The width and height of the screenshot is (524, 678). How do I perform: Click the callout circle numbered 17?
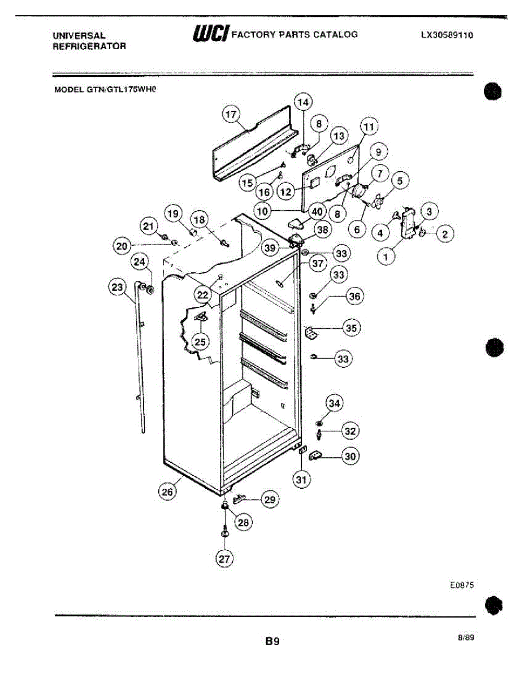pos(230,115)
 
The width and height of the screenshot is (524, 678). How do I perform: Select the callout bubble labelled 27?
pos(224,559)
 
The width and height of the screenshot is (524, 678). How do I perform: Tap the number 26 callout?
pos(167,492)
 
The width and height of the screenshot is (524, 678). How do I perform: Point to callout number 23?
pos(117,288)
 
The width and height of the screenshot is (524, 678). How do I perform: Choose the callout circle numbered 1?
pos(387,258)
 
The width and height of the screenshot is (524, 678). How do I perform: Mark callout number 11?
pos(369,127)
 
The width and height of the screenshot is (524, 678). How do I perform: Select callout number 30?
pos(350,457)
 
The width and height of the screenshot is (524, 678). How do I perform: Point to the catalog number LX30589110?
pos(447,34)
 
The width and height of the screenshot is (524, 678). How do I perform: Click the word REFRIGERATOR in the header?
pos(89,46)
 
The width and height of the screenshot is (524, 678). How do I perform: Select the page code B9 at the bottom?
pos(272,641)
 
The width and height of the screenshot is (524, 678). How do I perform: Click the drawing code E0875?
pos(461,586)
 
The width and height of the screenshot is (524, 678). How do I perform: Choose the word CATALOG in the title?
pos(337,34)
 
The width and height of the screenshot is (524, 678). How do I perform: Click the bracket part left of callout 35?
pos(311,333)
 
